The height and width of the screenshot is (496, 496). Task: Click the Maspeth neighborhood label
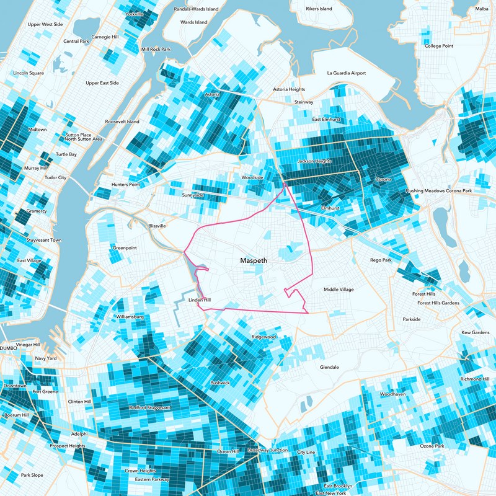coord(254,261)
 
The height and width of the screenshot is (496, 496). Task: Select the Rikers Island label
coord(319,9)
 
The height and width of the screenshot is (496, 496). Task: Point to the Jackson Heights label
coord(314,161)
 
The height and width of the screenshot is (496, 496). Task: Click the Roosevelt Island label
coord(122,122)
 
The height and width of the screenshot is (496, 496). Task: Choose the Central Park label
coord(76,42)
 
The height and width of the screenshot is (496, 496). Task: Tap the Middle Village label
coord(339,290)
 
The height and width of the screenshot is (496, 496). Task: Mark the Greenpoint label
coord(124,248)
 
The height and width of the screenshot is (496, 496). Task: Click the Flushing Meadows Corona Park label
coord(443,191)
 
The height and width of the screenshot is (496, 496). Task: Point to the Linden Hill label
coord(200,301)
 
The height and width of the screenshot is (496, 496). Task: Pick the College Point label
coord(438,46)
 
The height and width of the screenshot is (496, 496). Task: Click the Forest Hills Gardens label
coord(438,303)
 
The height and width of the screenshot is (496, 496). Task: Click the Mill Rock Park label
coord(156,49)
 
